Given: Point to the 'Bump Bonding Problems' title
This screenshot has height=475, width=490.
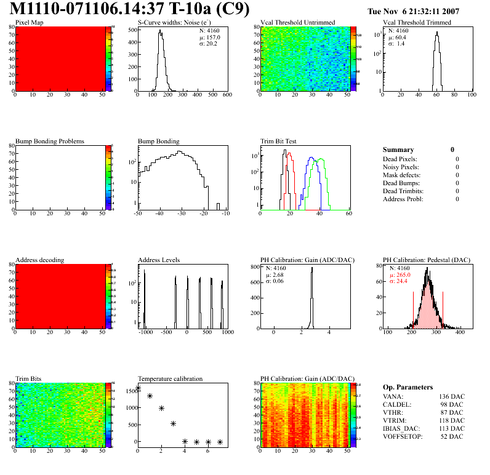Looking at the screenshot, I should [50, 141].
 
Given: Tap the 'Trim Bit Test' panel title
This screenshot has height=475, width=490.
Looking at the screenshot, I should [279, 141].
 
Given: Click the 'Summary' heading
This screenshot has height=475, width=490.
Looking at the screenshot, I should [398, 150].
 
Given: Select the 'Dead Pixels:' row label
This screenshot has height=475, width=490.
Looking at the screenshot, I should [401, 159].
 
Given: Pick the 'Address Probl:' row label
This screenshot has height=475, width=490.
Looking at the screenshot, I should [403, 199].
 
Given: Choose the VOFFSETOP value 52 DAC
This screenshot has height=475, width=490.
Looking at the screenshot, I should [452, 436].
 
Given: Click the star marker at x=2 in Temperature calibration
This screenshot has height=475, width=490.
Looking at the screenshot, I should [161, 408].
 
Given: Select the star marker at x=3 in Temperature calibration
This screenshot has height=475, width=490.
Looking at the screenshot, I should [173, 423].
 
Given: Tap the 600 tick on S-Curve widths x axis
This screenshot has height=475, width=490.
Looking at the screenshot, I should [227, 95].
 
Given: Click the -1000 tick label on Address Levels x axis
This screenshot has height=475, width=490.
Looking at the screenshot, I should [145, 332].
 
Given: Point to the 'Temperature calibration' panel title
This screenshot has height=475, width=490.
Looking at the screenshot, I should [170, 378].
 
